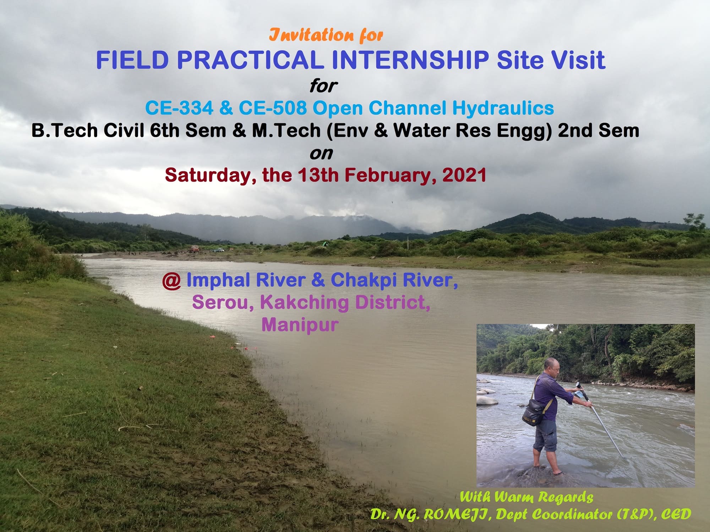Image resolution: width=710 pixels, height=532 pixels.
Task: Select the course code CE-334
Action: coord(179,108)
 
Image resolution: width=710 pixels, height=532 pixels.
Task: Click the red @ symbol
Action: coord(171,281)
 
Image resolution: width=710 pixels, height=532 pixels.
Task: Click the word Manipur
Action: coord(300,325)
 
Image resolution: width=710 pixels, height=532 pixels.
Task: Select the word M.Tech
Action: coord(286,131)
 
